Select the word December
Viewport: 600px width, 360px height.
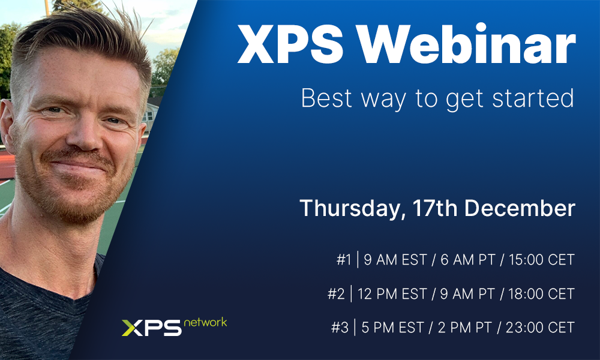(520, 208)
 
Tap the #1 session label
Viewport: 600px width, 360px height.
(343, 260)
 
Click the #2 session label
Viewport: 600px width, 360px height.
(336, 294)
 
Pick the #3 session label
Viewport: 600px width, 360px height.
(340, 328)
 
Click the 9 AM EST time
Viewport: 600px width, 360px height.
(394, 260)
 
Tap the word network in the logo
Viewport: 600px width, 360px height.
(205, 322)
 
